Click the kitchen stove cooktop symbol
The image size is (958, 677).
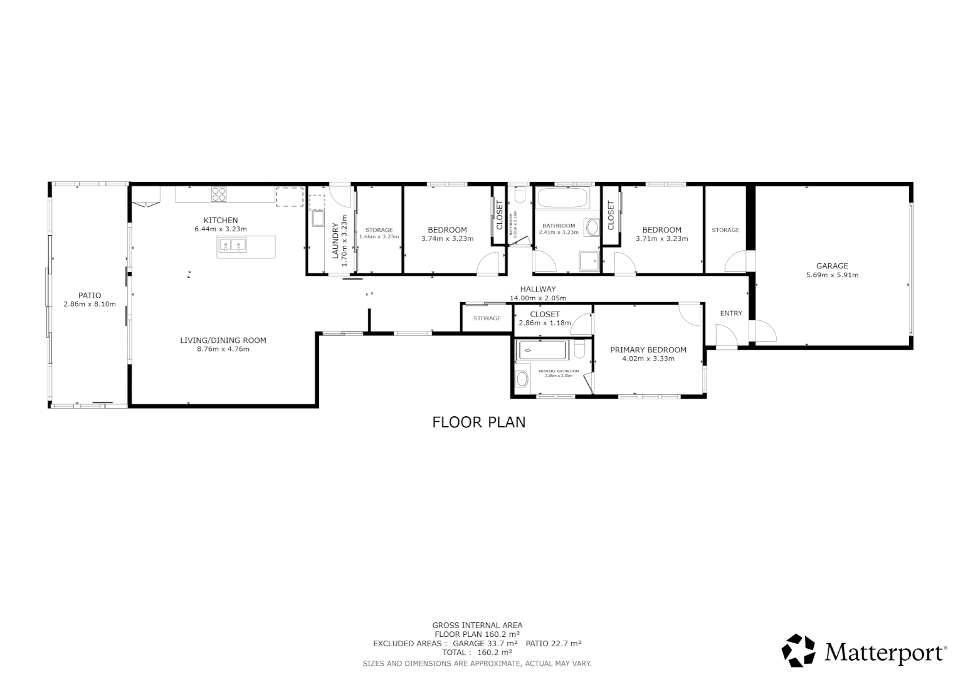point(219,194)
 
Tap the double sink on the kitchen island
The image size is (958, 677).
point(231,246)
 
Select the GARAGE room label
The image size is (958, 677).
point(832,266)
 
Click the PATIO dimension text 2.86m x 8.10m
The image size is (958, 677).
point(90,304)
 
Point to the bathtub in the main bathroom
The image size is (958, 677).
point(563,199)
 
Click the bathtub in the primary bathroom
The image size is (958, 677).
point(543,350)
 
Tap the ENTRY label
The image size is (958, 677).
point(731,313)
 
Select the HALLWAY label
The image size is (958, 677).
point(538,290)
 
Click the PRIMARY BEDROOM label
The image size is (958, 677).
point(648,350)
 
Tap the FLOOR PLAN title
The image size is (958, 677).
point(479,422)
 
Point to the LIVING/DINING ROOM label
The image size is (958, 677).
point(223,340)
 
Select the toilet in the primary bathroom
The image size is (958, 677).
point(522,379)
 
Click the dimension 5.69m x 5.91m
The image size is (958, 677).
point(832,275)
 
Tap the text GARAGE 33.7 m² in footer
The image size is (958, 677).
point(485,644)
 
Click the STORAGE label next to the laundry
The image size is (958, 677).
point(379,230)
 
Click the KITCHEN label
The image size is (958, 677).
point(221,220)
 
